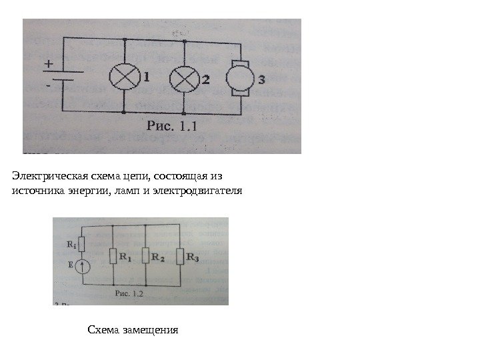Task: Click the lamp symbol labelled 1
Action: (x=126, y=78)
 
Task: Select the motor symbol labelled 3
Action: (x=239, y=79)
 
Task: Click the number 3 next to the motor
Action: (x=261, y=80)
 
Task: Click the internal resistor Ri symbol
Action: (x=81, y=244)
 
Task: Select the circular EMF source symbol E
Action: (x=81, y=267)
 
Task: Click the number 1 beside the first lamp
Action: (x=145, y=77)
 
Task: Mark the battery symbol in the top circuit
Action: (x=63, y=77)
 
